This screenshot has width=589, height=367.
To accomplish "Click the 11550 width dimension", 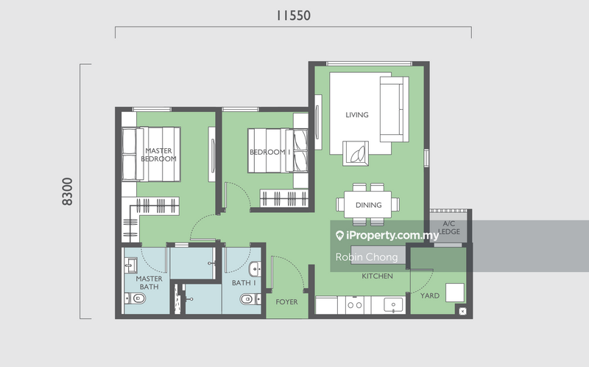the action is [x=293, y=15].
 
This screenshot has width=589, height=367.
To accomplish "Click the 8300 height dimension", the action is [x=67, y=192].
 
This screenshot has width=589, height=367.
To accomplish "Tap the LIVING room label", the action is [x=357, y=115].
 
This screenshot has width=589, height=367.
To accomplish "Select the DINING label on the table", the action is [x=369, y=205].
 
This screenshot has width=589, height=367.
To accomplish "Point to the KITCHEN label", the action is [x=377, y=276].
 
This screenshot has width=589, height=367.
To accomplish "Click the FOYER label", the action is [x=286, y=301].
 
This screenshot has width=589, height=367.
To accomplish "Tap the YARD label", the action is [x=430, y=296].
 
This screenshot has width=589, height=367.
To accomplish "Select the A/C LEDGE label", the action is [x=449, y=228].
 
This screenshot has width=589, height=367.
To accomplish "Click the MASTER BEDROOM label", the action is [x=158, y=155].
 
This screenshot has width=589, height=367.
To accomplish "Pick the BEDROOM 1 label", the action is [x=270, y=152].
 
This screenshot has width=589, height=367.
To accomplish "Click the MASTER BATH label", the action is [x=149, y=282].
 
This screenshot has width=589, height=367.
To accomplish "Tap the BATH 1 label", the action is [x=244, y=283].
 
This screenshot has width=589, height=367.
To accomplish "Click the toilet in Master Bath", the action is [x=135, y=298].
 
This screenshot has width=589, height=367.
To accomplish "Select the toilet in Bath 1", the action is [x=250, y=299].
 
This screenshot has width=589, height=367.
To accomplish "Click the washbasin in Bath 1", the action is [x=255, y=269].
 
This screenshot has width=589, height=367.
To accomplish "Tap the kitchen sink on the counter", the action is [x=393, y=305].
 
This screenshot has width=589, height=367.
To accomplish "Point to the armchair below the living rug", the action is [x=356, y=153].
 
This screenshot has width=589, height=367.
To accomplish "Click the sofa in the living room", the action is [x=395, y=109].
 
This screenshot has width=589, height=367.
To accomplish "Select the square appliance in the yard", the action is [x=455, y=293].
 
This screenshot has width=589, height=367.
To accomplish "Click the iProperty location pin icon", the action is [x=339, y=236].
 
